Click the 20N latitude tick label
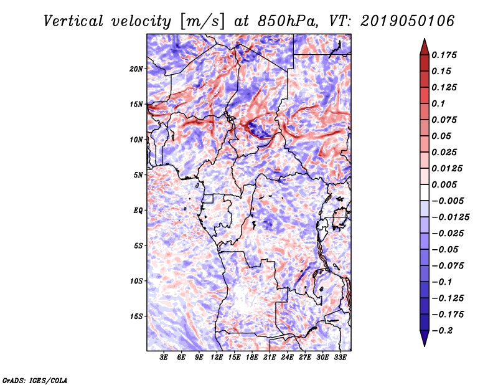[x=136, y=69]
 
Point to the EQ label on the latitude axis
[x=138, y=210]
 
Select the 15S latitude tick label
[x=136, y=316]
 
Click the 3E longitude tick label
[x=164, y=358]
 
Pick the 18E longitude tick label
[x=252, y=358]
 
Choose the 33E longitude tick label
[x=340, y=358]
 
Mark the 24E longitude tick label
[x=287, y=358]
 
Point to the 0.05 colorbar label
[x=443, y=136]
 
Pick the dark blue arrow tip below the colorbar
[x=423, y=341]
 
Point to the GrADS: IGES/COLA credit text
[x=34, y=379]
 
